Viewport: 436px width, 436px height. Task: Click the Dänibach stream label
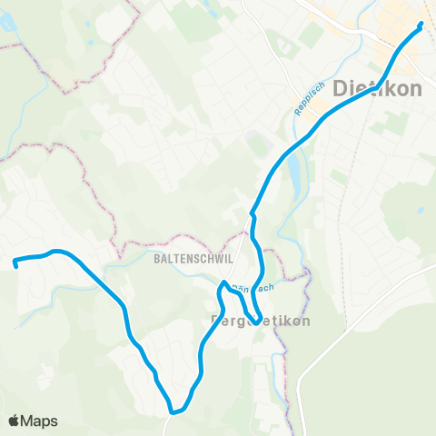click(253, 288)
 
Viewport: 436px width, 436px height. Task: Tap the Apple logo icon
click(15, 421)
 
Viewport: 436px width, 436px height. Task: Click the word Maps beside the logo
click(40, 421)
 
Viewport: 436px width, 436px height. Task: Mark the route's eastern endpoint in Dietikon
click(421, 25)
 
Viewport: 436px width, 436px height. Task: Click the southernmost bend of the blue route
click(177, 410)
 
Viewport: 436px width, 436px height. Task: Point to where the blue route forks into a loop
click(252, 216)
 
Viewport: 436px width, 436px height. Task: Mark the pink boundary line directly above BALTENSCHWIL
click(182, 243)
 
